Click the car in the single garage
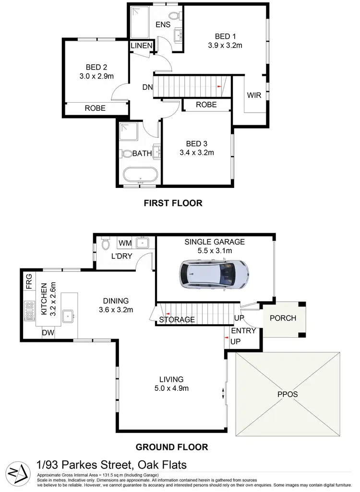click(214, 275)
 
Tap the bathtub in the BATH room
click(139, 175)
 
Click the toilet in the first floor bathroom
click(127, 153)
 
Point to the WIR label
click(254, 95)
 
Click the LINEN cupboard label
click(142, 46)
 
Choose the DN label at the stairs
click(147, 87)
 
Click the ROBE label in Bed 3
click(206, 105)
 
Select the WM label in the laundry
click(125, 244)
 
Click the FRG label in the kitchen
click(28, 280)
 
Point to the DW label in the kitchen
click(48, 332)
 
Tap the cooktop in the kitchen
click(29, 310)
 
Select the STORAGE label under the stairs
click(177, 319)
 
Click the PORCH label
click(283, 318)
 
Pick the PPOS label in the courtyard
click(288, 394)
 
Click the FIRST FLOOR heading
click(173, 203)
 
